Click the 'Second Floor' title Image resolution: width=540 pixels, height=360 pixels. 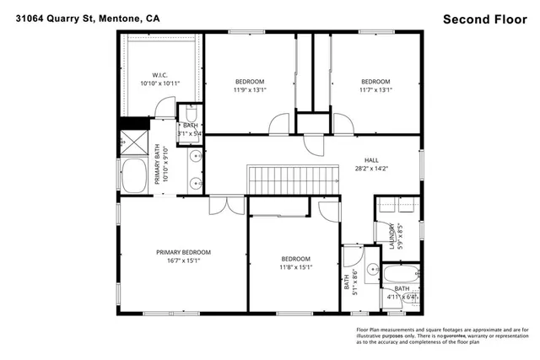tap(486, 18)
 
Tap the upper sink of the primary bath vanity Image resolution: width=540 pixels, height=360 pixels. tap(195, 157)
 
